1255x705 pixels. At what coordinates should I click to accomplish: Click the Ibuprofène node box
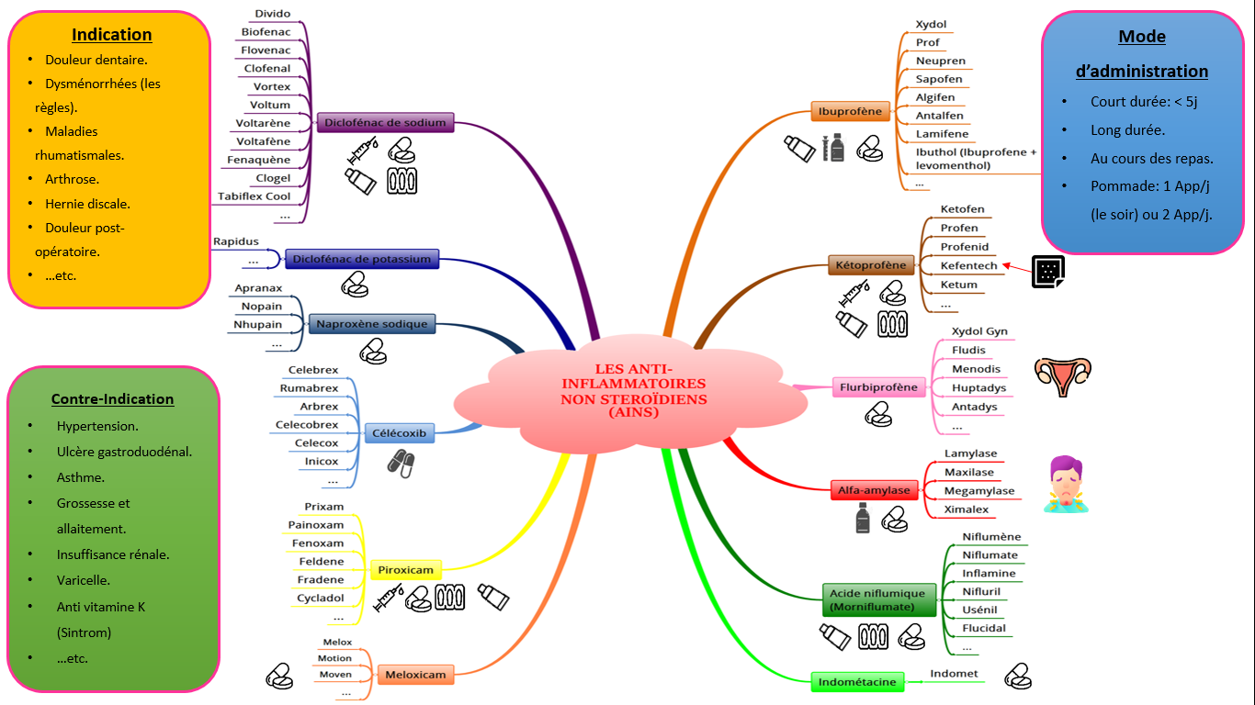(x=850, y=112)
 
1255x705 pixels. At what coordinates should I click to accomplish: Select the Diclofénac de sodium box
(x=385, y=122)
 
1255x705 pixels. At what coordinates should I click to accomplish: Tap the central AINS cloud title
(x=634, y=391)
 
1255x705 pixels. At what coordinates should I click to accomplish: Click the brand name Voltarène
(x=263, y=123)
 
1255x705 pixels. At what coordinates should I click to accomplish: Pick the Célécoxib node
(x=400, y=433)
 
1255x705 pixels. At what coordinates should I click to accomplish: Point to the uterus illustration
(x=1063, y=375)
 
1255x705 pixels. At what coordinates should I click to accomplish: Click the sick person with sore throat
(x=1065, y=484)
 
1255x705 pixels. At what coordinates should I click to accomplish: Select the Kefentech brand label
(x=968, y=265)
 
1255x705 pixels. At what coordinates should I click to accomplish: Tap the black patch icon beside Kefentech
(x=1046, y=271)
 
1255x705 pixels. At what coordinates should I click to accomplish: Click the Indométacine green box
(x=856, y=681)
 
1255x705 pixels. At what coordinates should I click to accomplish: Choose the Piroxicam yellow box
(x=405, y=570)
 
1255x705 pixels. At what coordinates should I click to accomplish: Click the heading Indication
(x=112, y=35)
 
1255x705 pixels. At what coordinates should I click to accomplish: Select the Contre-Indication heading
(x=112, y=399)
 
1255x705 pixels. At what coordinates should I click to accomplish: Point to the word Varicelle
(x=84, y=580)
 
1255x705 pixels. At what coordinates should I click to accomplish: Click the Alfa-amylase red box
(x=874, y=490)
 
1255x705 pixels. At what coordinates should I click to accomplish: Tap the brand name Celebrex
(x=313, y=370)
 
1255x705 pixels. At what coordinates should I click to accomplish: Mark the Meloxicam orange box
(x=415, y=675)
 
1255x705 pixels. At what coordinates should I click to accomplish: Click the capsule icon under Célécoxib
(x=400, y=462)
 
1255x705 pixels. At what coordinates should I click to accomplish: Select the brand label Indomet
(x=954, y=674)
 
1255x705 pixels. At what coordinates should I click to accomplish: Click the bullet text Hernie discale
(x=87, y=204)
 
